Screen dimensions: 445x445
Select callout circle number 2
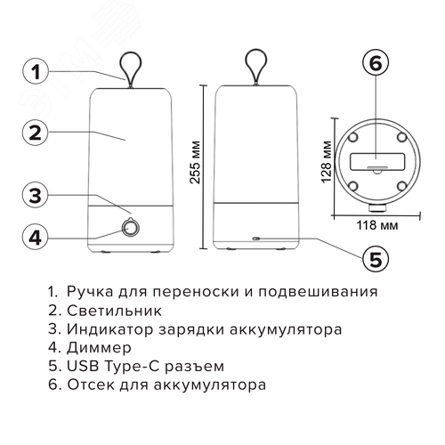pyautogui.click(x=34, y=133)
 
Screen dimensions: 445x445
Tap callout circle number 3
pyautogui.click(x=34, y=195)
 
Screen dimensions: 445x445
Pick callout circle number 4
pyautogui.click(x=34, y=237)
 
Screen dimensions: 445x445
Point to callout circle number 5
pyautogui.click(x=375, y=259)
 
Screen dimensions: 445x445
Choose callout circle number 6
pyautogui.click(x=375, y=63)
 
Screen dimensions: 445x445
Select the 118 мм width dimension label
pyautogui.click(x=374, y=225)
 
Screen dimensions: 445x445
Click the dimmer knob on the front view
pyautogui.click(x=131, y=229)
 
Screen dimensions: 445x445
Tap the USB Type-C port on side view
pyautogui.click(x=256, y=239)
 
